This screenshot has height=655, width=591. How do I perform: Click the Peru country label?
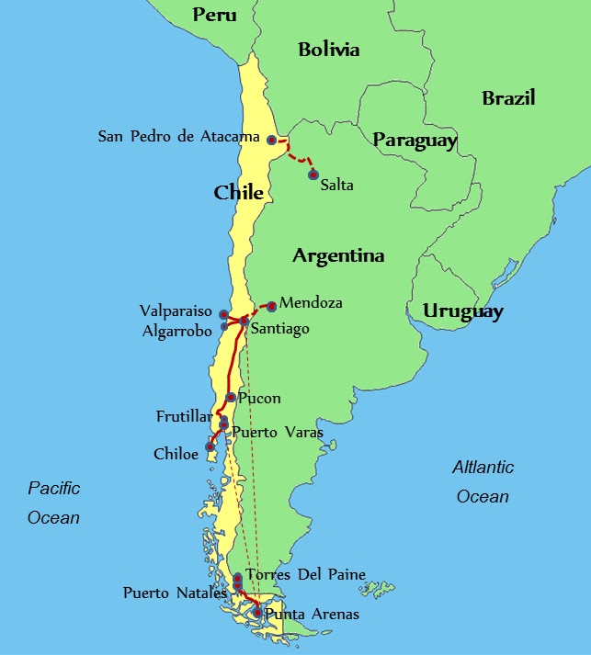(x=214, y=15)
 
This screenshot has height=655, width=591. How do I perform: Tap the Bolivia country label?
(x=328, y=50)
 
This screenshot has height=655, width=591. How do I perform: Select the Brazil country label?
(x=508, y=98)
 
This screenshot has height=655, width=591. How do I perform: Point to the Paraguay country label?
(x=415, y=141)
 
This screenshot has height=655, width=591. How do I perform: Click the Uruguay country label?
(x=463, y=312)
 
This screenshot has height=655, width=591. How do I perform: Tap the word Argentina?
(x=338, y=256)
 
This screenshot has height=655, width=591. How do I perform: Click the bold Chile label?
(x=239, y=193)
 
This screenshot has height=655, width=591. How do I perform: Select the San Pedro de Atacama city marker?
(x=271, y=140)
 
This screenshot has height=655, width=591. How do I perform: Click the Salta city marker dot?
(x=313, y=175)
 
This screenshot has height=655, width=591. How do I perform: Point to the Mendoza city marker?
(x=271, y=306)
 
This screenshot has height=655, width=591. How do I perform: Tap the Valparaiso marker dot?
(x=223, y=314)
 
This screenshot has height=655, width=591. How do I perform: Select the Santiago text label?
(x=280, y=329)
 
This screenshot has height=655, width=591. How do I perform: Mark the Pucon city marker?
(x=231, y=398)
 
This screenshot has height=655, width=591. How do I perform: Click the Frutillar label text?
(x=184, y=417)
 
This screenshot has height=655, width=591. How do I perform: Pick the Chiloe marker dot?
(x=210, y=446)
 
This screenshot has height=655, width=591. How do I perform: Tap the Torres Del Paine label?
(x=306, y=575)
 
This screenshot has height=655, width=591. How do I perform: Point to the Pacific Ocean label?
(x=53, y=503)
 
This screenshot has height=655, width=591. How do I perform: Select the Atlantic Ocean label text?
(x=483, y=481)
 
